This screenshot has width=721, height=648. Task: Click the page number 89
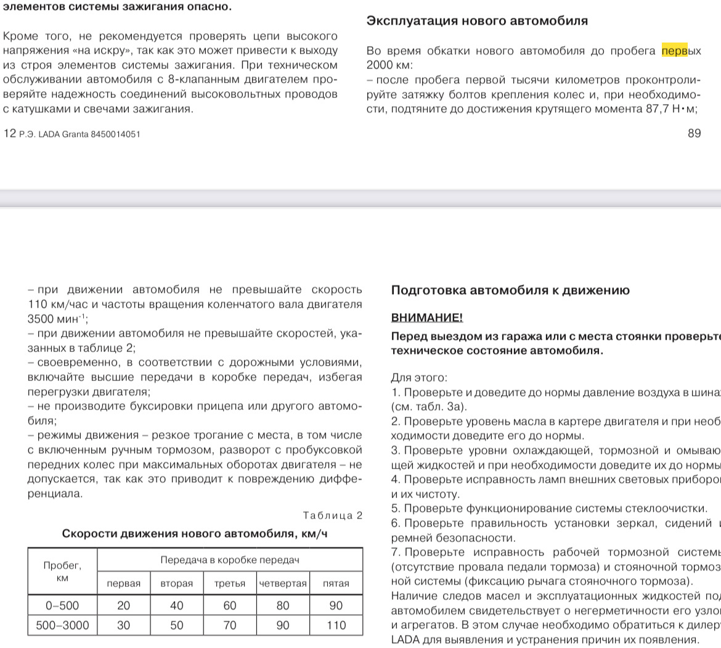click(x=694, y=133)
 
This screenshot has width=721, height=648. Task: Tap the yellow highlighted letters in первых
click(x=674, y=51)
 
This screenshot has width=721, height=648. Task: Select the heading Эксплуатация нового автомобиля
click(x=477, y=20)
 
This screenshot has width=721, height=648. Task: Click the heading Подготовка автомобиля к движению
click(x=510, y=290)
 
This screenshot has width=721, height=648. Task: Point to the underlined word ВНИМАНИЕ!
click(x=426, y=318)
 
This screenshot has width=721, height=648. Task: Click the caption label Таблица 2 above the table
click(x=333, y=515)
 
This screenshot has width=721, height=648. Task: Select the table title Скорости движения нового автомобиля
click(x=195, y=533)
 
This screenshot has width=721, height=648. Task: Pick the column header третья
click(x=230, y=583)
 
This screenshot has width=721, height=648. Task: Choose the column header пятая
click(x=336, y=583)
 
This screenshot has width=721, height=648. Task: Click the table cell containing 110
click(x=336, y=625)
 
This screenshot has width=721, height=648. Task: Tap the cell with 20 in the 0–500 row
click(x=124, y=605)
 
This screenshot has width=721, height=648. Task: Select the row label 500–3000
click(x=62, y=625)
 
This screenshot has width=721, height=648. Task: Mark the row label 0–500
click(x=62, y=605)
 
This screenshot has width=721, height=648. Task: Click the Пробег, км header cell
click(x=62, y=572)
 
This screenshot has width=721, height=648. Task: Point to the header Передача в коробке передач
click(x=230, y=560)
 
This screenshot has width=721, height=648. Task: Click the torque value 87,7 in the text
click(x=645, y=109)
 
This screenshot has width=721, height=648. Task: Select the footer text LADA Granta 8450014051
click(x=89, y=134)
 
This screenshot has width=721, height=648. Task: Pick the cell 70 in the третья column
click(x=230, y=625)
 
